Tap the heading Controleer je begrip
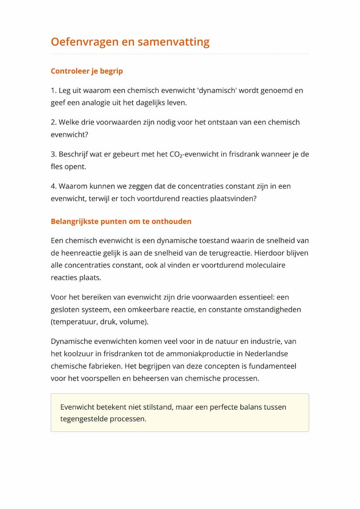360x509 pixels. tap(87, 71)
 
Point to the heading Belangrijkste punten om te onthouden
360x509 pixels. tap(121, 221)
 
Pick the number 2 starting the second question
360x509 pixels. tap(53, 123)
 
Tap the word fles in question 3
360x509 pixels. tap(57, 166)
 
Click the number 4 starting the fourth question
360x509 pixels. tap(53, 186)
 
